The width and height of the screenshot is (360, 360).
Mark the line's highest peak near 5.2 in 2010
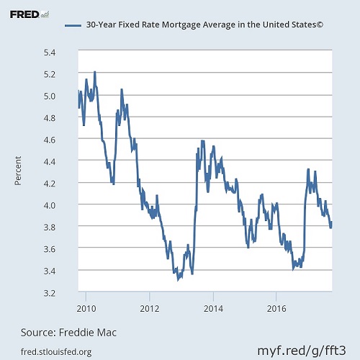point(95,72)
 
